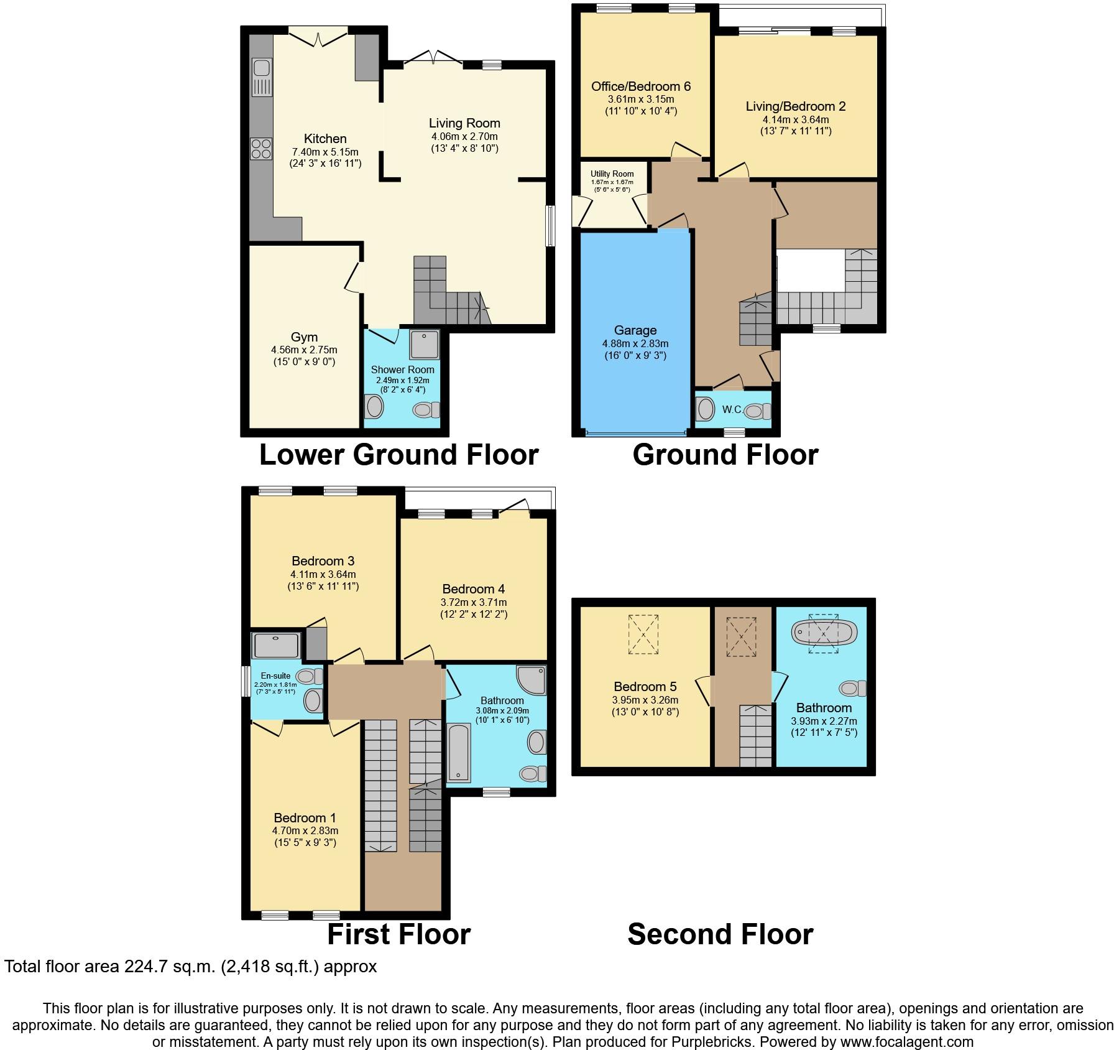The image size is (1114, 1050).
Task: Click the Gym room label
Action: coord(304,337)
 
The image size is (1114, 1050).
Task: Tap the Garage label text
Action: coord(635,330)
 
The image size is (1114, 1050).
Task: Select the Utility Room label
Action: coord(612,174)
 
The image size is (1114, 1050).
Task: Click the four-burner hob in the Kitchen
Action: coord(261,148)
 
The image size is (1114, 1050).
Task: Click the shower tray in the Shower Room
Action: coord(425,344)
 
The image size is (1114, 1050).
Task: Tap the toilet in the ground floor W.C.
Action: coord(758,411)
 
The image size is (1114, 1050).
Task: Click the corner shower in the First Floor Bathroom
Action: coord(532,681)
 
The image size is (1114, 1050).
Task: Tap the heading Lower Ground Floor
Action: coord(398,455)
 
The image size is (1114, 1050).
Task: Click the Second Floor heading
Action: coord(720,934)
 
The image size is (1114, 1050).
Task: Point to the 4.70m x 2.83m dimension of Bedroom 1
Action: coord(305,830)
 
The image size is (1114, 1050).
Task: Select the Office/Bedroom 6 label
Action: coord(641,86)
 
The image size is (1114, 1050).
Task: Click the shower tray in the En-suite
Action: coord(277,646)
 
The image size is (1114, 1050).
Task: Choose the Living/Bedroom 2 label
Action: coord(796,106)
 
